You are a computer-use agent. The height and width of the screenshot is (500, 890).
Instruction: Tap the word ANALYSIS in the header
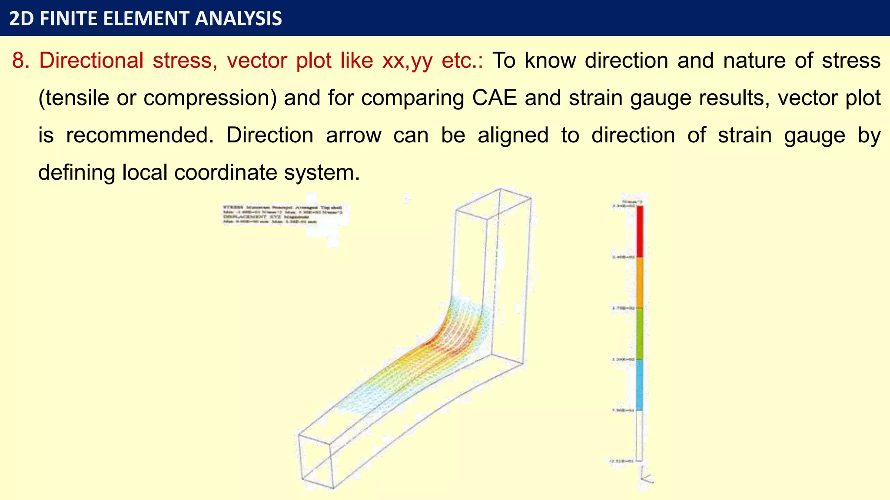[239, 19]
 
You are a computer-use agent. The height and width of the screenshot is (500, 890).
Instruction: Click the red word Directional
[91, 60]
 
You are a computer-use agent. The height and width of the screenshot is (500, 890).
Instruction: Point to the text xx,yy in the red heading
[407, 60]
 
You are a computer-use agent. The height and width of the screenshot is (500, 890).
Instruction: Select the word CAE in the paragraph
[494, 98]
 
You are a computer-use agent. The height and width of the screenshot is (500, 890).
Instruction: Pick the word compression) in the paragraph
[210, 98]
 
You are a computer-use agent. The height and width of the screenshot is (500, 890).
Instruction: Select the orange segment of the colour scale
[640, 283]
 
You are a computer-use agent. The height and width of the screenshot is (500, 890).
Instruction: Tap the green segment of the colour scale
[640, 333]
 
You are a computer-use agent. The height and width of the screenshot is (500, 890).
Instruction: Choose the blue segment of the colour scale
[639, 385]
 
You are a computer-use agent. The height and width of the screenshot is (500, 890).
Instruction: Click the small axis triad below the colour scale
[646, 475]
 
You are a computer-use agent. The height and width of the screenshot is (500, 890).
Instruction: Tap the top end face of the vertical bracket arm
[493, 204]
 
